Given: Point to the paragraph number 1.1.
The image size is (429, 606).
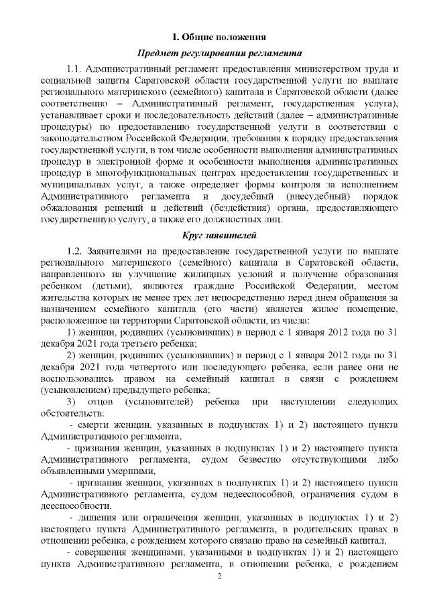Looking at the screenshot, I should coord(76,70).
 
